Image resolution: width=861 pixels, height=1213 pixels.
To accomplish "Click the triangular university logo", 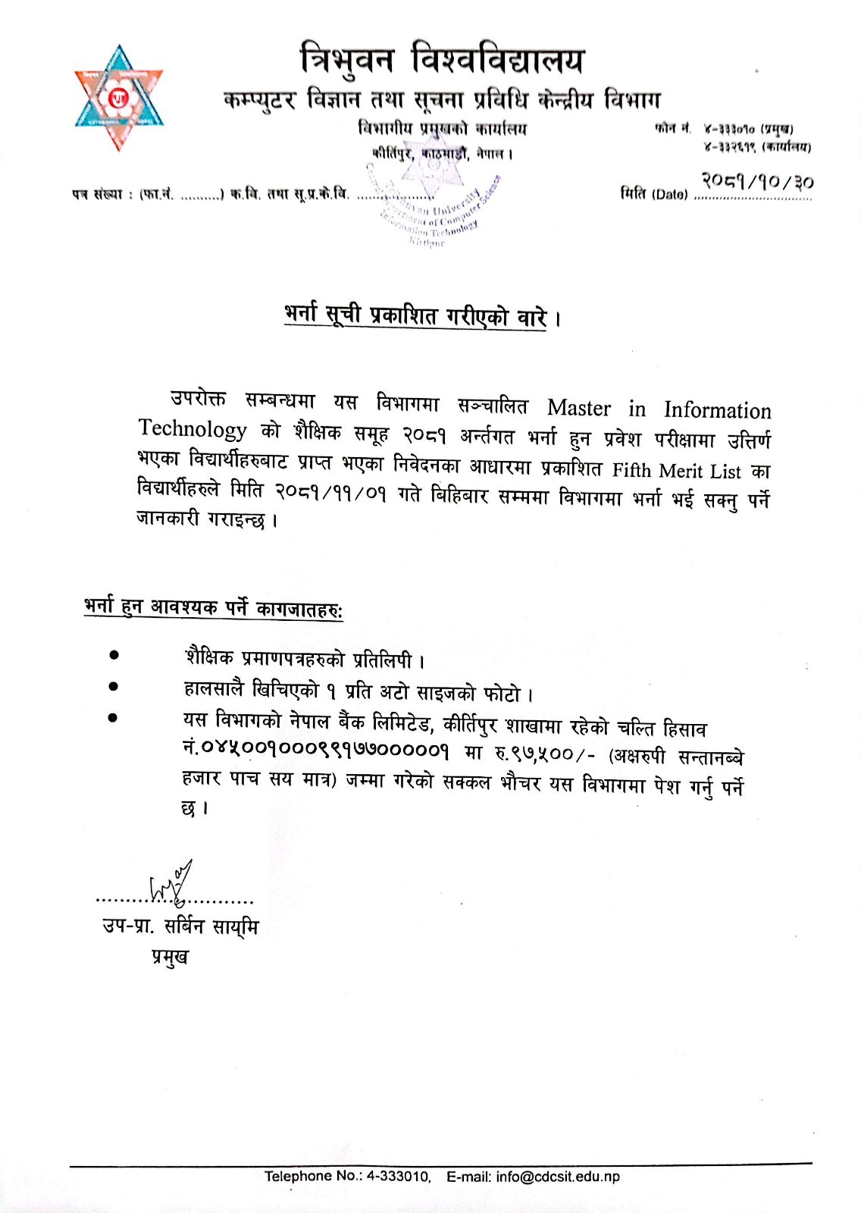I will coord(119,98).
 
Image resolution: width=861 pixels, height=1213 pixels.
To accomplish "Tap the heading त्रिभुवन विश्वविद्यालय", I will coord(442,59).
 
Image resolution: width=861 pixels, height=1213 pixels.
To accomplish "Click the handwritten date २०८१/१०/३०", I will coord(757,181).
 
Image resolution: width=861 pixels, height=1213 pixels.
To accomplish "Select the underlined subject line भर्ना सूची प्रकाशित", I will coord(415,315).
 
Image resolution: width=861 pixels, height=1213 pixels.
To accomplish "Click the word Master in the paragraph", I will coord(578,408).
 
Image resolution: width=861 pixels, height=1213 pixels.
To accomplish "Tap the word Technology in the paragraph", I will coord(193,429).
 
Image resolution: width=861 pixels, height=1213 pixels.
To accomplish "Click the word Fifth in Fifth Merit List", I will coord(631,470).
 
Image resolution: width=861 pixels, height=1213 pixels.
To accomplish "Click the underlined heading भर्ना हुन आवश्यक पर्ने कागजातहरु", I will coord(213,607).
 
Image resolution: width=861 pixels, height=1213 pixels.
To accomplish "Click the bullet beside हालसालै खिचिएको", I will coord(114,687).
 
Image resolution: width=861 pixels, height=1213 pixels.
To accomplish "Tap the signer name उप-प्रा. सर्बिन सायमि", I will coord(180,926).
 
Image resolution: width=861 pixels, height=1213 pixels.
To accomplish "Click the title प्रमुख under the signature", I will coord(170,957).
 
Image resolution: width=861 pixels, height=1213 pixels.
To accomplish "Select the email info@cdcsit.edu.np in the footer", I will coord(558,1177).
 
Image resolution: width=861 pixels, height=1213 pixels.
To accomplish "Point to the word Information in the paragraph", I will coord(717,410).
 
